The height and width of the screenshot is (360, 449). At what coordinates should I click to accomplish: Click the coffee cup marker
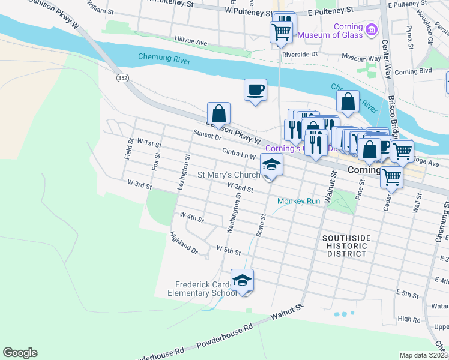(255, 90)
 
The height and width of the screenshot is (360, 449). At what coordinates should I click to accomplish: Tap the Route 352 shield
(122, 77)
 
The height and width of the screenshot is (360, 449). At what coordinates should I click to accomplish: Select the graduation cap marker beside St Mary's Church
(271, 165)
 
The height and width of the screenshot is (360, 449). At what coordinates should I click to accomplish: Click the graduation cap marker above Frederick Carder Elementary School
(242, 280)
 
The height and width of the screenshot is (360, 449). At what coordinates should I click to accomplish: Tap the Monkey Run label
(298, 201)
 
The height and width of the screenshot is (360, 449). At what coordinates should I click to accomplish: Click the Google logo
(20, 353)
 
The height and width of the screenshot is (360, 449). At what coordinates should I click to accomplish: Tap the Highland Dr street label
(183, 242)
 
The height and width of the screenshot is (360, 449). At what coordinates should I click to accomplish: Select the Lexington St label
(183, 173)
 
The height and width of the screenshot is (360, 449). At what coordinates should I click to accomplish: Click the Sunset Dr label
(207, 136)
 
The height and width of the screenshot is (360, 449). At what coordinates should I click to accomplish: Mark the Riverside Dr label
(300, 54)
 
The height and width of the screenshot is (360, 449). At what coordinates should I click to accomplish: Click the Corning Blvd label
(414, 71)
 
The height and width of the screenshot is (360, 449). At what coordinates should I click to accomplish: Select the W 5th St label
(228, 249)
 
